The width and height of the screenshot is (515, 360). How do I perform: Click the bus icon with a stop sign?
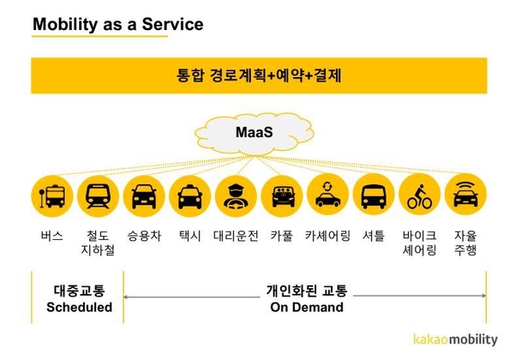(52, 196)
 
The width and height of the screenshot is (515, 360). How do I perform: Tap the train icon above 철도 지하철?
(98, 196)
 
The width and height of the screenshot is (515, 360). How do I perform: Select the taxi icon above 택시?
(190, 196)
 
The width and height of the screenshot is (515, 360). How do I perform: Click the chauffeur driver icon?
(236, 196)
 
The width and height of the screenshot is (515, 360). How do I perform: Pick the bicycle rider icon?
(419, 195)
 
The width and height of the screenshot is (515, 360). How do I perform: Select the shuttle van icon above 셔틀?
(374, 195)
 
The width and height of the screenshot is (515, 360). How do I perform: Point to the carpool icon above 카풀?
(282, 196)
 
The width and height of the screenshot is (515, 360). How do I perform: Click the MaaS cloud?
(255, 134)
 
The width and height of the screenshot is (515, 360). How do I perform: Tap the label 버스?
(52, 236)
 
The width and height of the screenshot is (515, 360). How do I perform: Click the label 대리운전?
(236, 236)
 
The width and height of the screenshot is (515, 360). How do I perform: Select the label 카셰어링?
(327, 236)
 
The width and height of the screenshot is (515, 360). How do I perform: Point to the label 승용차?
(144, 236)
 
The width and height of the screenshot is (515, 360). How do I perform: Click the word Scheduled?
(79, 307)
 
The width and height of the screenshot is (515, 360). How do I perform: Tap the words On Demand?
(307, 307)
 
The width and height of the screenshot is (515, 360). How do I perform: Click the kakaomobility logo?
(456, 339)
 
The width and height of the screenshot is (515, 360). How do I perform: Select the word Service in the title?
(173, 24)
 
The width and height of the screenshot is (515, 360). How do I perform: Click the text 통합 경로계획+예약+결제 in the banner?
(259, 75)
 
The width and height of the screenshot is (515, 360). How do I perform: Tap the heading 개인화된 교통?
(307, 291)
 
